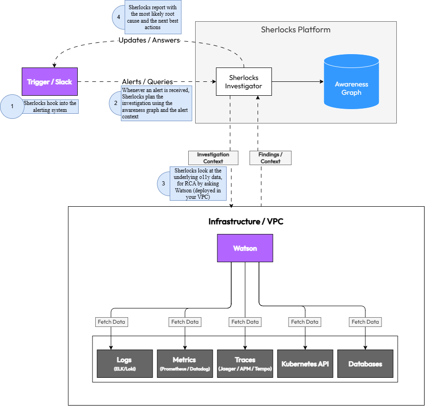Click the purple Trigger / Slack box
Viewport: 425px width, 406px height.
(x=49, y=82)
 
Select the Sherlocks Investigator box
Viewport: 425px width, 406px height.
(x=244, y=82)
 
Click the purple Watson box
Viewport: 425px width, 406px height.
(x=245, y=248)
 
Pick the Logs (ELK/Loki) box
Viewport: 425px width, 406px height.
(x=124, y=363)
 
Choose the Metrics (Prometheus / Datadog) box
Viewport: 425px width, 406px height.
(x=185, y=363)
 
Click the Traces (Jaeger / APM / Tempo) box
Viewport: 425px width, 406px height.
(x=245, y=363)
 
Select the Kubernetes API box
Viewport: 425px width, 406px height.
(x=305, y=363)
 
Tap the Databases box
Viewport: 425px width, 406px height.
(x=365, y=363)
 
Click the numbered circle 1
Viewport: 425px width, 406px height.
(x=12, y=106)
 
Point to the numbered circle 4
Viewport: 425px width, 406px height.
(x=118, y=17)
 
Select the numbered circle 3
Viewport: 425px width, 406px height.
(x=163, y=183)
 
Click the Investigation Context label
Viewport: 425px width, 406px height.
(x=213, y=158)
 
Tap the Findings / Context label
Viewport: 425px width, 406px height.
(x=271, y=158)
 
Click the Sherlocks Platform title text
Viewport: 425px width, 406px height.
(x=296, y=30)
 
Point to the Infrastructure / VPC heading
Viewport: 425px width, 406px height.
(x=246, y=221)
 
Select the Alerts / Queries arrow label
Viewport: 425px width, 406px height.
(x=148, y=82)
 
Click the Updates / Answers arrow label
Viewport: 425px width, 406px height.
(x=149, y=40)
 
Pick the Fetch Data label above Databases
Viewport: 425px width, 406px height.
(x=365, y=322)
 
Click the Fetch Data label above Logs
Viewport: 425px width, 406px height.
(x=111, y=322)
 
